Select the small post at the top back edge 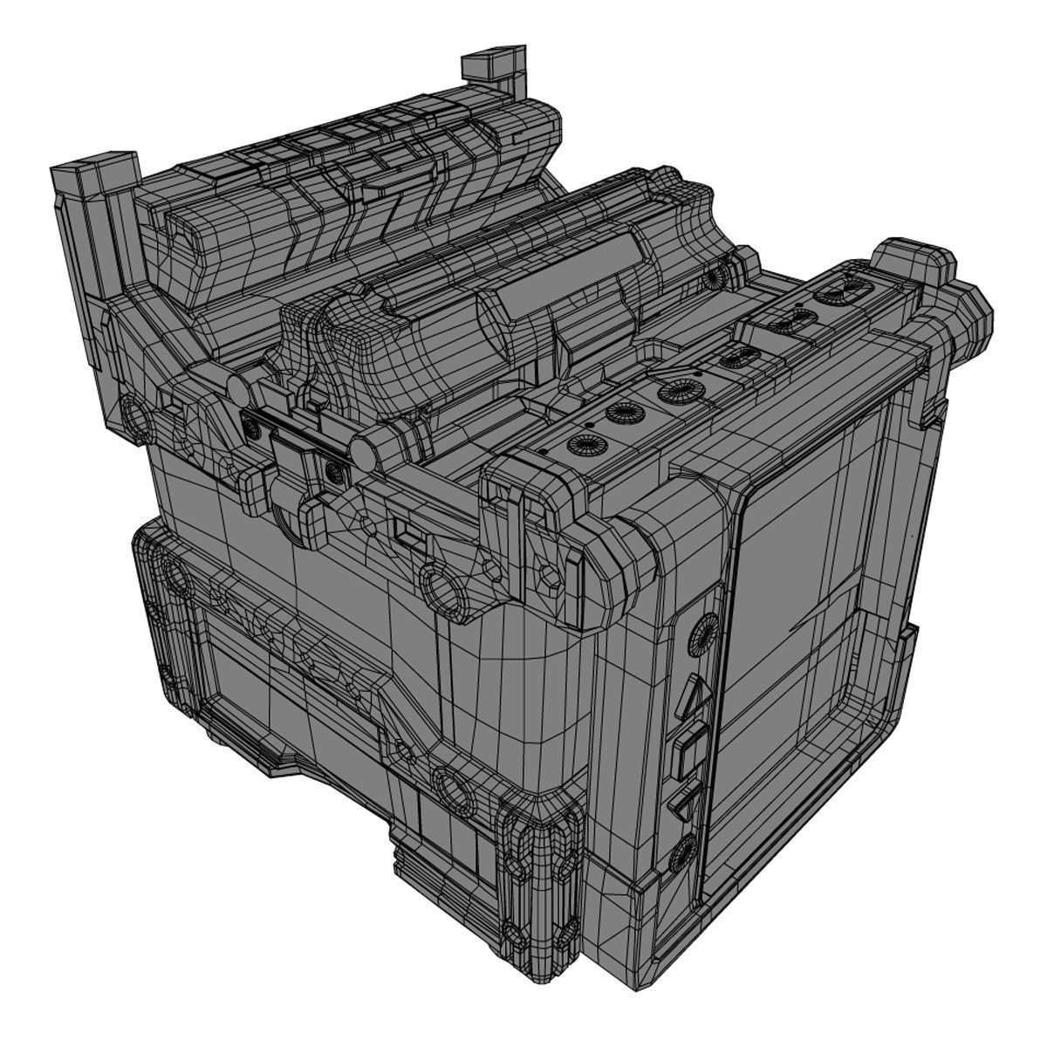pos(494,70)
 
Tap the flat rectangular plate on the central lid pos(558,279)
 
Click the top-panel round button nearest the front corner pos(582,444)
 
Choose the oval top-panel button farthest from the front pos(844,288)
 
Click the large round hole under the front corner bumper pos(445,589)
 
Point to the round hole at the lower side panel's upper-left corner pos(174,576)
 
